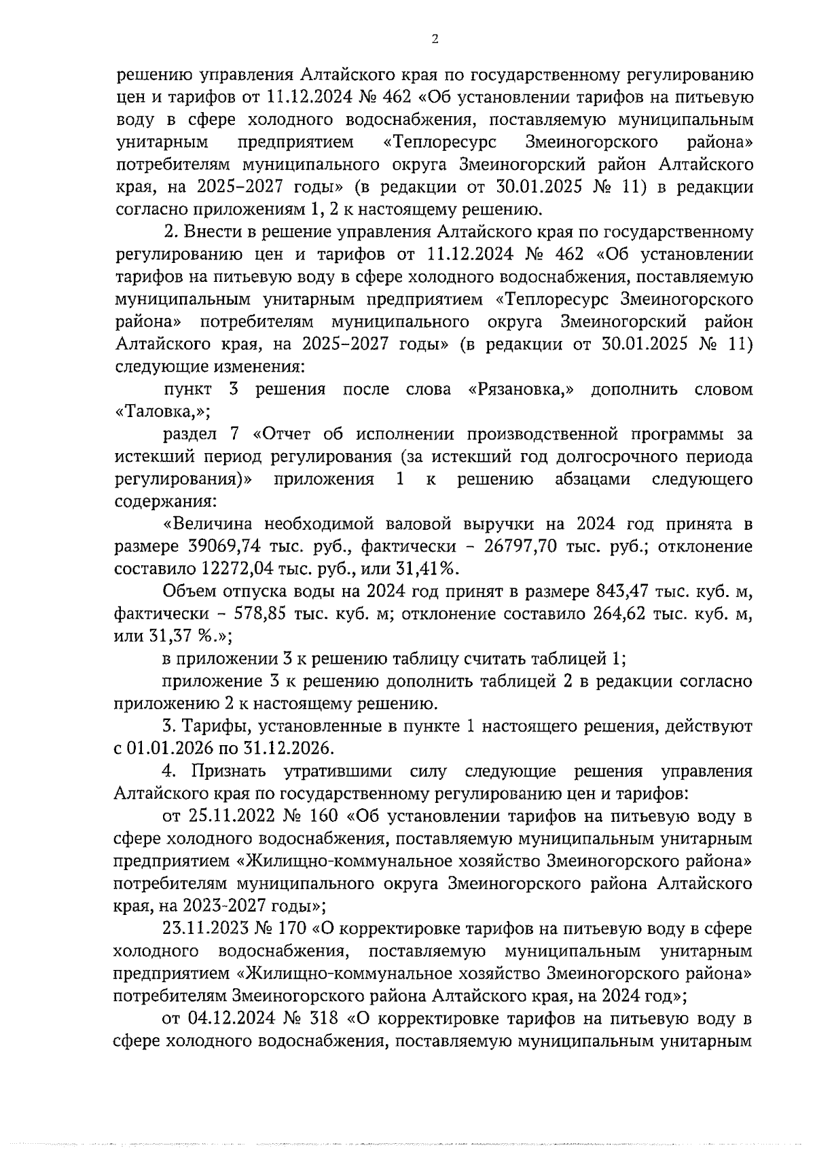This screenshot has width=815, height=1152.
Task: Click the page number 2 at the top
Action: click(435, 39)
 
